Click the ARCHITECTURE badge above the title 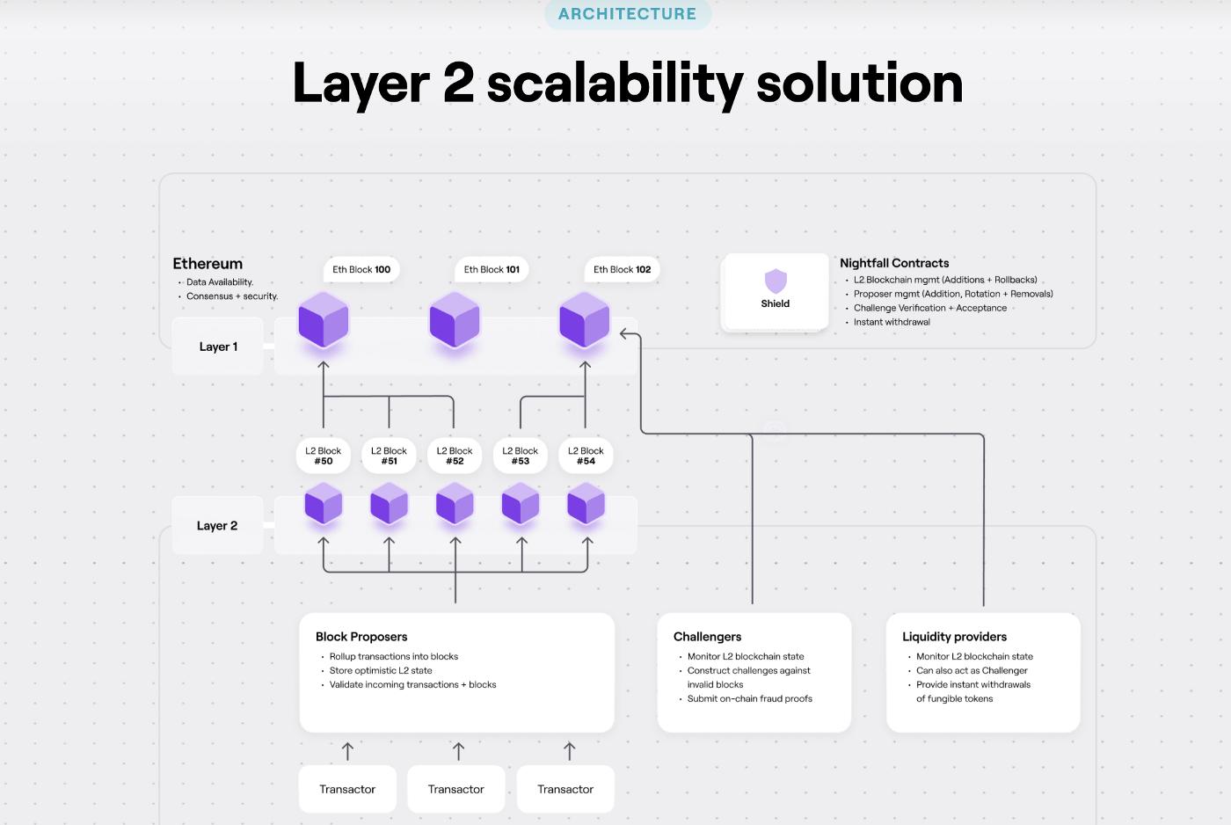(627, 14)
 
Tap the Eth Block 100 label (361, 269)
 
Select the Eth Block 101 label (492, 269)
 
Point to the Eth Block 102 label (622, 269)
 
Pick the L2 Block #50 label (324, 456)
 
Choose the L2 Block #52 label (455, 456)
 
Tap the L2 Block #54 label (586, 456)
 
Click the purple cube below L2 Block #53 (521, 506)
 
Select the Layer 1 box (218, 347)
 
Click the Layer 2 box (217, 526)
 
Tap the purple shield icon (776, 281)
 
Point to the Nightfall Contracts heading (894, 263)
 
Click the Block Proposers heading (361, 637)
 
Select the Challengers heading (707, 637)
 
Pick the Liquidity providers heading (954, 637)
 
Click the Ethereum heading (208, 263)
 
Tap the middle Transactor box (456, 789)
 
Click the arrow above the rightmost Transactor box (569, 751)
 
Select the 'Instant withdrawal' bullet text (892, 322)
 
